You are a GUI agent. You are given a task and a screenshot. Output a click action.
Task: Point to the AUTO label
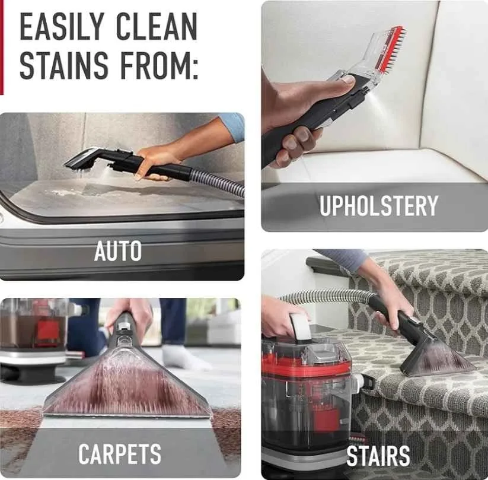coord(118,251)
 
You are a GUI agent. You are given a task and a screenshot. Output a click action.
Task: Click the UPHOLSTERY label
coord(378,206)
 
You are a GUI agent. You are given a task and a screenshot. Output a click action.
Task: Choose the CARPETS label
coord(120,454)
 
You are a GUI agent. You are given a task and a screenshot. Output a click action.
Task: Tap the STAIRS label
coord(378,456)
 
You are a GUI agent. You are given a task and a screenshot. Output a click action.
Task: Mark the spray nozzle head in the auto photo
coord(83,160)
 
